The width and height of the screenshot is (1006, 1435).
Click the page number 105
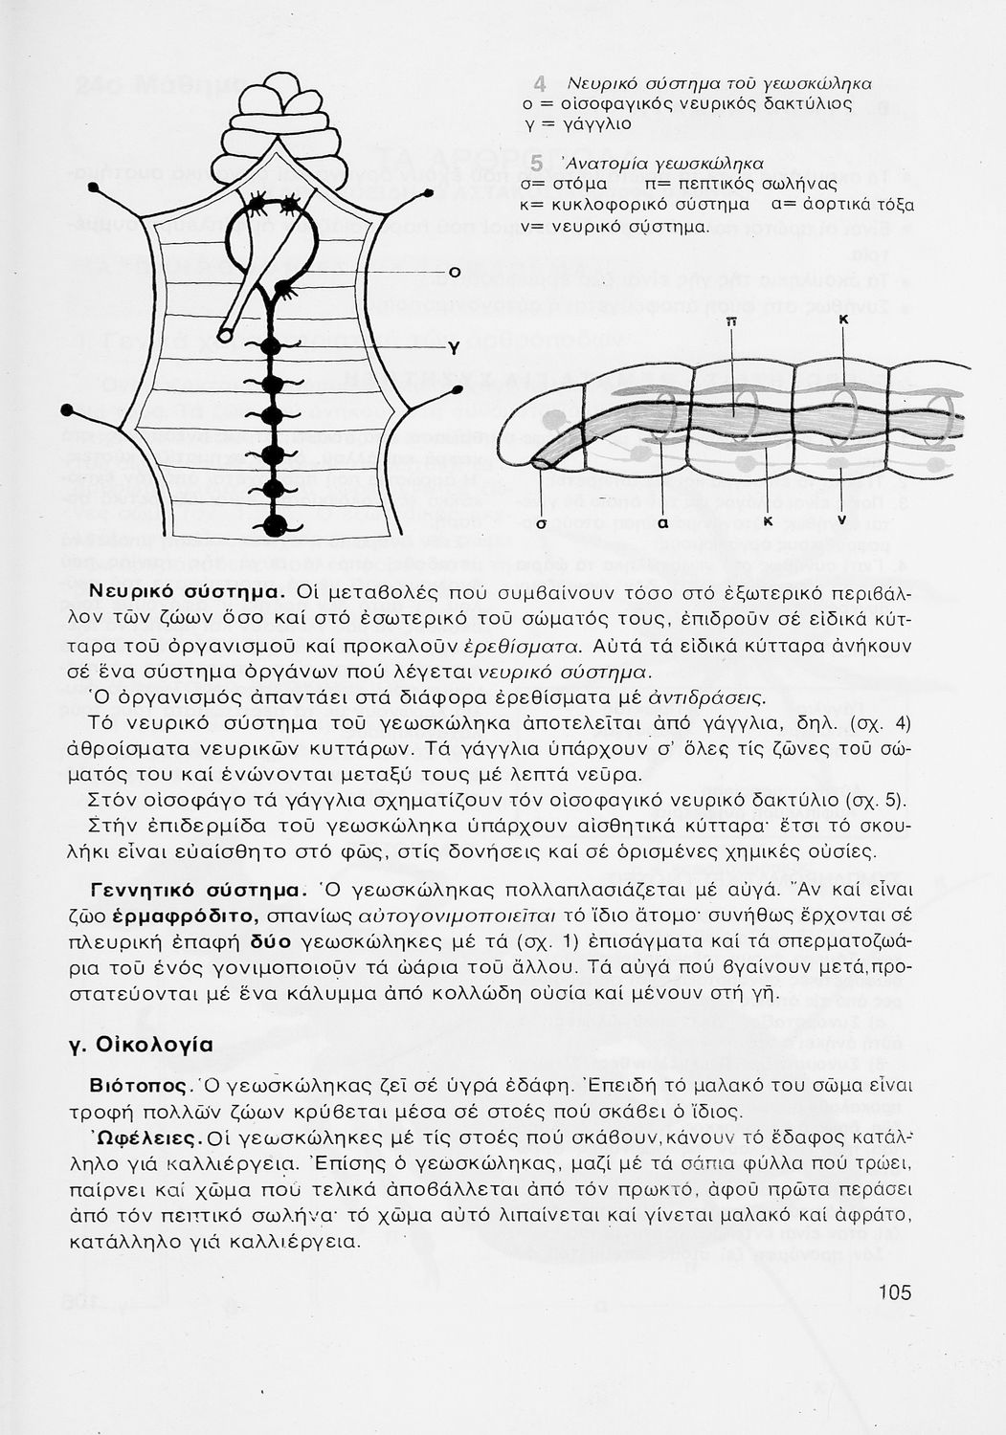point(893,1292)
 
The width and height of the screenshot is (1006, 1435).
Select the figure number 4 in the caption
point(540,82)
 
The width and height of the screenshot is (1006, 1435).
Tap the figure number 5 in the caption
point(538,163)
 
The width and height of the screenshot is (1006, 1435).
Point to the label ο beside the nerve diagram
point(455,274)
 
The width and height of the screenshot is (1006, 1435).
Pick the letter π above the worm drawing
point(731,322)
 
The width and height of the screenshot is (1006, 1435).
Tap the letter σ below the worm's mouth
point(541,523)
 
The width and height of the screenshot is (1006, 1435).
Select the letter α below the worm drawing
point(662,523)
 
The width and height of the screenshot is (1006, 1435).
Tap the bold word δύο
point(289,939)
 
